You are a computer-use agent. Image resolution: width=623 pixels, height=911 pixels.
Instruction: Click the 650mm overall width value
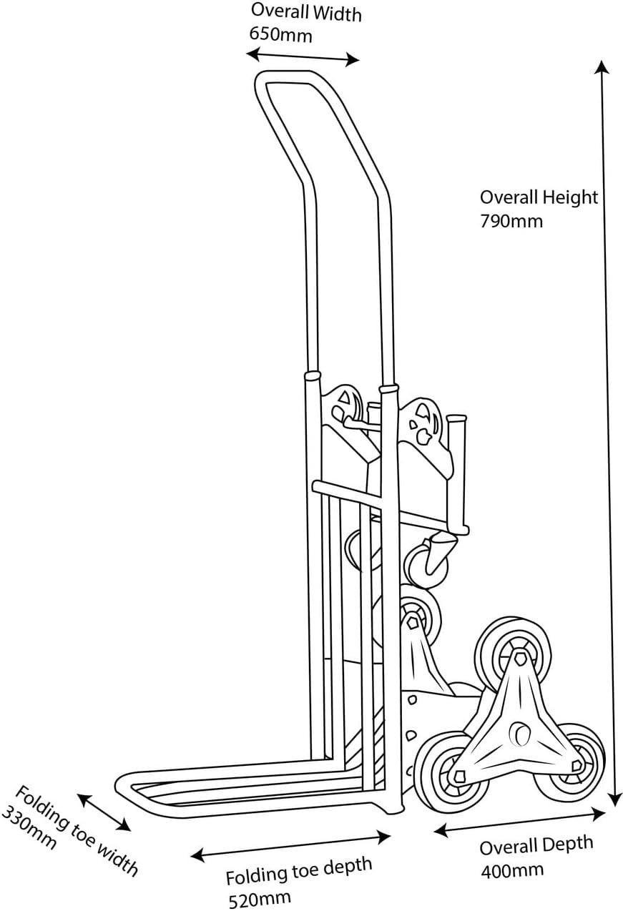(281, 35)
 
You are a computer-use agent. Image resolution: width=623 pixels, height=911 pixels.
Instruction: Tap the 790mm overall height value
(511, 221)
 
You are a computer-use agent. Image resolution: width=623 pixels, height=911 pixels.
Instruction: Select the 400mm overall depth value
(512, 870)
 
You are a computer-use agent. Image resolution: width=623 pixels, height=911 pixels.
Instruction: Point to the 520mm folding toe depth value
(260, 897)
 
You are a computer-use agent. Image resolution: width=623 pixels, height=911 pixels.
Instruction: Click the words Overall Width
(306, 12)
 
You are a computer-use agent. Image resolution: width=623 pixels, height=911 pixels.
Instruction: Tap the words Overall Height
(539, 197)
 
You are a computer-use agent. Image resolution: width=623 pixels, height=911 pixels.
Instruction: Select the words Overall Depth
(536, 845)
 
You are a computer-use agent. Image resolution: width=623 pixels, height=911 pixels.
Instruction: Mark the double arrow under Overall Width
(303, 56)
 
